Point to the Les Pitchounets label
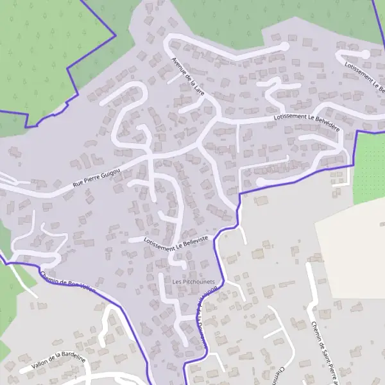pos(193,282)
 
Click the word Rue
pos(78,184)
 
